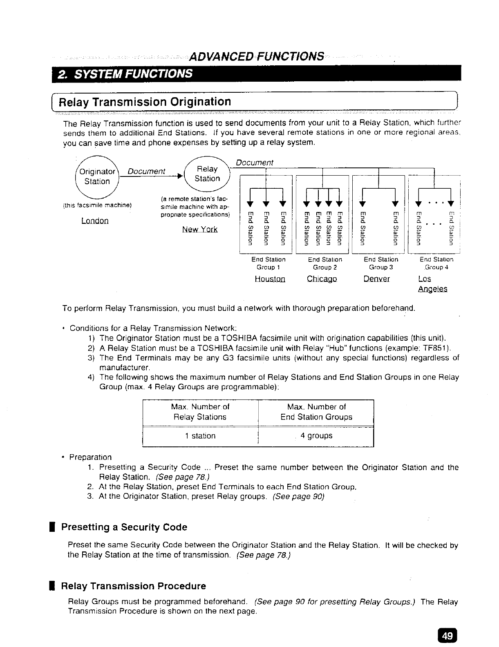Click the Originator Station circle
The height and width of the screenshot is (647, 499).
click(x=97, y=176)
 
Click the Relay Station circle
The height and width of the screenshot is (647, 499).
click(x=207, y=174)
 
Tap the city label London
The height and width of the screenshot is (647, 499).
click(x=95, y=221)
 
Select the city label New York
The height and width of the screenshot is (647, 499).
click(x=200, y=230)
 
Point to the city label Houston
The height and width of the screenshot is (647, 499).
click(x=270, y=279)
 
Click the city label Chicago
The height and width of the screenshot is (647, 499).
click(x=322, y=279)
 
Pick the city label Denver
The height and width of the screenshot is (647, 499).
click(x=376, y=279)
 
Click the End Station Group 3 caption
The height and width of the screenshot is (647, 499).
click(x=381, y=263)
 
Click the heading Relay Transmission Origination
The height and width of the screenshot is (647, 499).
click(x=145, y=102)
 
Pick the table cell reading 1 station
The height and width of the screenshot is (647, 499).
click(x=200, y=436)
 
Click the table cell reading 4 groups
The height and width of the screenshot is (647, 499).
click(x=316, y=436)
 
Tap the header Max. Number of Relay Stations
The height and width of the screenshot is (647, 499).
click(x=200, y=412)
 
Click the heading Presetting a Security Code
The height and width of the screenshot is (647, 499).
click(x=124, y=527)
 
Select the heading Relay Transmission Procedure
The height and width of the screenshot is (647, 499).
click(x=133, y=586)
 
